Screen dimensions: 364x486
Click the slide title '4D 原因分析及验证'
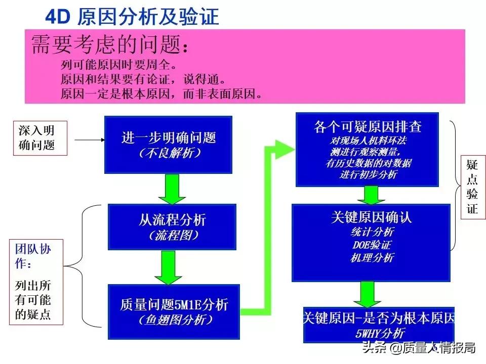pos(132,17)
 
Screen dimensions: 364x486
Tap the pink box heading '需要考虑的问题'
pos(111,45)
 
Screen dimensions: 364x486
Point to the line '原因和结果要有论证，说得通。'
pos(143,79)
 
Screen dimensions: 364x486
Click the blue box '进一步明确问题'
pos(168,144)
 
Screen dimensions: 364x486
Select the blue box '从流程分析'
pos(172,226)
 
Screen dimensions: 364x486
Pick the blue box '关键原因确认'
pos(371,242)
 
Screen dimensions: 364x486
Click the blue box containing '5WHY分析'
pos(379,324)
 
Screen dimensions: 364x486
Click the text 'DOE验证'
pos(372,245)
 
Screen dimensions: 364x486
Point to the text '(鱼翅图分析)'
pos(174,320)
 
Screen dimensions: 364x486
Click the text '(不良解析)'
pos(169,153)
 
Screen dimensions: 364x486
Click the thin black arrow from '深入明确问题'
pos(86,137)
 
